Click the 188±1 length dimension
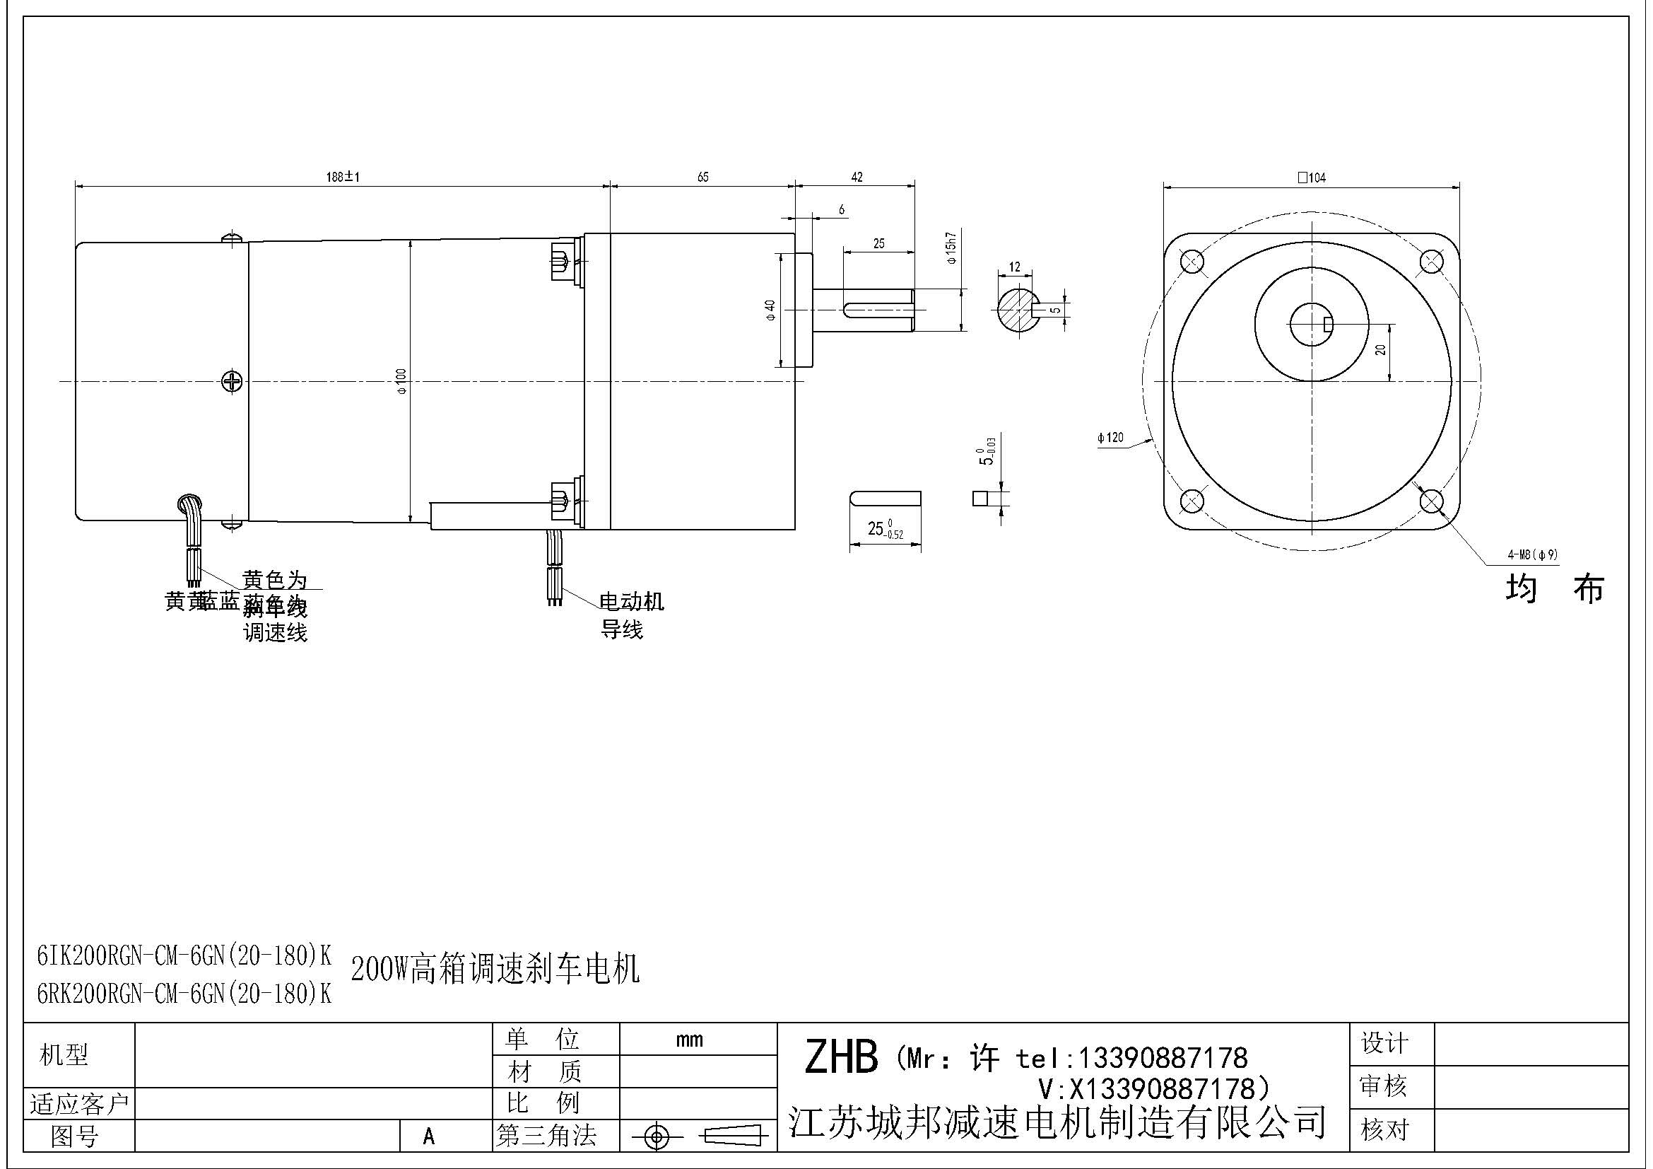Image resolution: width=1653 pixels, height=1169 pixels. (x=343, y=178)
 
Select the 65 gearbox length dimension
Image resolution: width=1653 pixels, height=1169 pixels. (x=702, y=178)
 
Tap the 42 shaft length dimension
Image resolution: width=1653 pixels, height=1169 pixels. (x=856, y=178)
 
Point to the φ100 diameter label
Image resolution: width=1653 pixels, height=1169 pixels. (x=401, y=380)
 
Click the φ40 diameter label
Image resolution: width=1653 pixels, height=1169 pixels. (x=770, y=310)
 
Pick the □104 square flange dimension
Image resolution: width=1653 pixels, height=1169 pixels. (x=1311, y=178)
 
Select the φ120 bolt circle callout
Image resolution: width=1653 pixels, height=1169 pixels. (x=1110, y=437)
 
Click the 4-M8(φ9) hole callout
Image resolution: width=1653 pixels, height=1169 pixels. (x=1532, y=554)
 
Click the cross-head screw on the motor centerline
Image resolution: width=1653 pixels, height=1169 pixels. (x=232, y=381)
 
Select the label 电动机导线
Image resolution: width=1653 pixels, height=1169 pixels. (x=630, y=615)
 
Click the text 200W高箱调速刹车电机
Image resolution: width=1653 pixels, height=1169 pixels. (x=495, y=970)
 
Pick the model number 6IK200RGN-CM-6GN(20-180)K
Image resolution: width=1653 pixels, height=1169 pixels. (x=184, y=956)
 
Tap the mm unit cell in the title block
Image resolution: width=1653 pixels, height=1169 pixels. (x=689, y=1040)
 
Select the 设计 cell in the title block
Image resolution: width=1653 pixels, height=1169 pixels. (x=1384, y=1043)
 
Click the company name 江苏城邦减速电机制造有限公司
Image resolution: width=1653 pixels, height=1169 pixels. (x=1057, y=1122)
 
